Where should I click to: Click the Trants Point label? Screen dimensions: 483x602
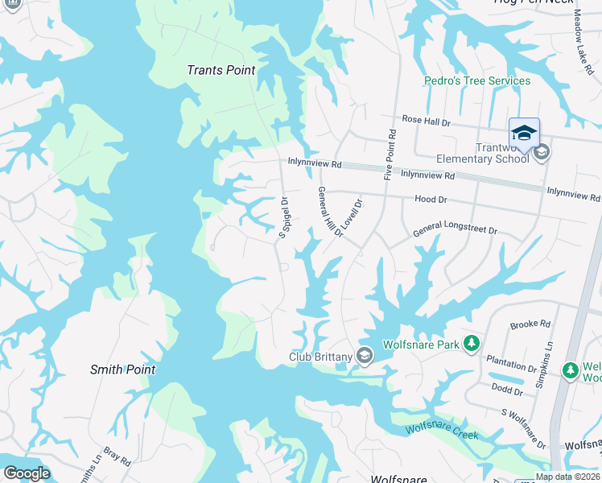[221, 70]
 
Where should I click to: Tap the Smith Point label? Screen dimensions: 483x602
[122, 369]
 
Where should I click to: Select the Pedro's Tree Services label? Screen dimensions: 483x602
[477, 80]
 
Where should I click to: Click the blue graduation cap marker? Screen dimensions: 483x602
[524, 133]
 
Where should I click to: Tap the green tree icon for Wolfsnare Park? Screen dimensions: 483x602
[472, 345]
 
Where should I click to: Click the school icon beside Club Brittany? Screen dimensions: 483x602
[365, 356]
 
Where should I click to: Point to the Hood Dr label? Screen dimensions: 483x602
[430, 199]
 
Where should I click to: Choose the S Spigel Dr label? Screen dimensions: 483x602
[283, 218]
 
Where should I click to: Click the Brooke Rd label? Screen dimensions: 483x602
[530, 325]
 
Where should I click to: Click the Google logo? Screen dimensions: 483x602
[26, 473]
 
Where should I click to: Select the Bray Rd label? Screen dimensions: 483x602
[118, 458]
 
